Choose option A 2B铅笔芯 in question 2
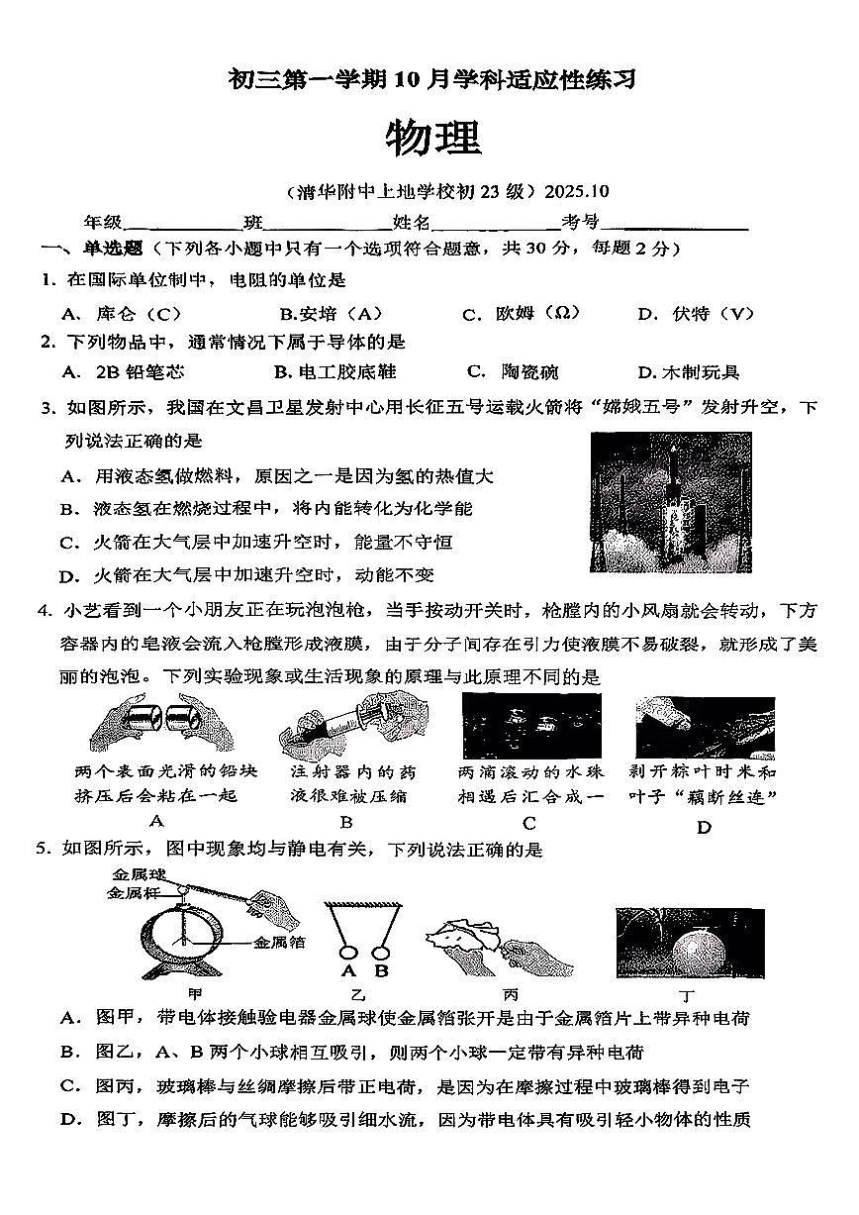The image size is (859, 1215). [123, 372]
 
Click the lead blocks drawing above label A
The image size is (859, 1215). [160, 726]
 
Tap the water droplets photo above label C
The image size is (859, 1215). [530, 726]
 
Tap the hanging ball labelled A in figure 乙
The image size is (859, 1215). [348, 954]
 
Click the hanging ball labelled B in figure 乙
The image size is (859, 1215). [380, 954]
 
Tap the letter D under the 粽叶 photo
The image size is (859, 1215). [704, 828]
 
